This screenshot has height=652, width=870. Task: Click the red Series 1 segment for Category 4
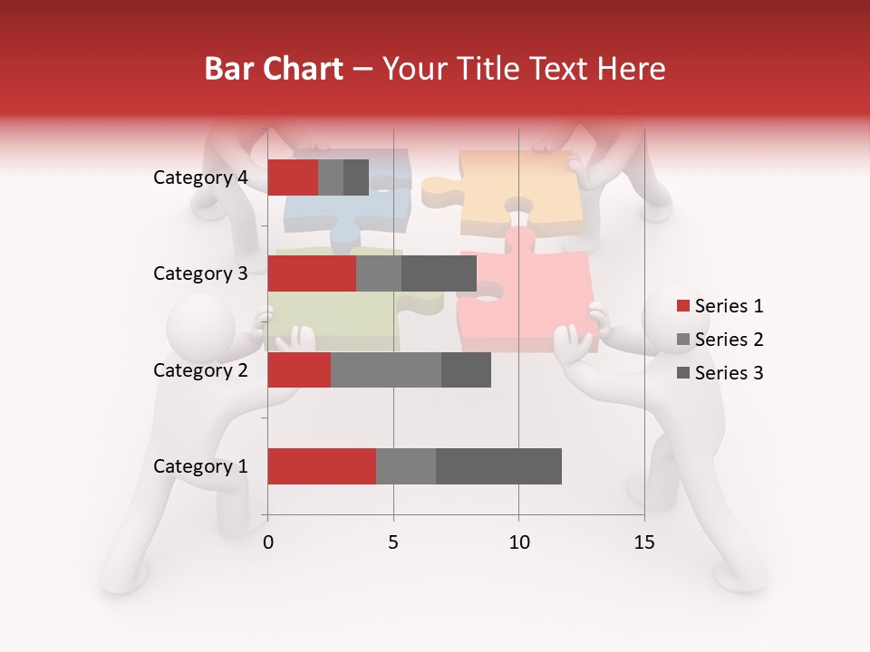293,177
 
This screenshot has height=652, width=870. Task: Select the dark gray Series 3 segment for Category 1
498,466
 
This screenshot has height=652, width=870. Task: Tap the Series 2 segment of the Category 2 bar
386,370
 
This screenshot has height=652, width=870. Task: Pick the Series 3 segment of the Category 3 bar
439,273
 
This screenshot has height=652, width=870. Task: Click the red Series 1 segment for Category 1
322,466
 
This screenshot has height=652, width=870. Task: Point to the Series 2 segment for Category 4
331,177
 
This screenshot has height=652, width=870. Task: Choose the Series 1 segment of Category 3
312,273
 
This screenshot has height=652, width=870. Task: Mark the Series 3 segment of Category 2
466,370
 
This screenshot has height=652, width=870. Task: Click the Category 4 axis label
200,177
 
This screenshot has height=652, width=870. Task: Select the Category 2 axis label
200,370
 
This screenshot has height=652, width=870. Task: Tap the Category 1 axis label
200,466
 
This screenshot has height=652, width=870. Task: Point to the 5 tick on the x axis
393,542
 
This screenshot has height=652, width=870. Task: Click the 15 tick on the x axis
644,542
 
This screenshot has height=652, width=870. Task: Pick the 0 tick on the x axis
268,542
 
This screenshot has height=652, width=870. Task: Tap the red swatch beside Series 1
683,306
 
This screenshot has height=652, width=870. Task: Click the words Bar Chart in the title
274,69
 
